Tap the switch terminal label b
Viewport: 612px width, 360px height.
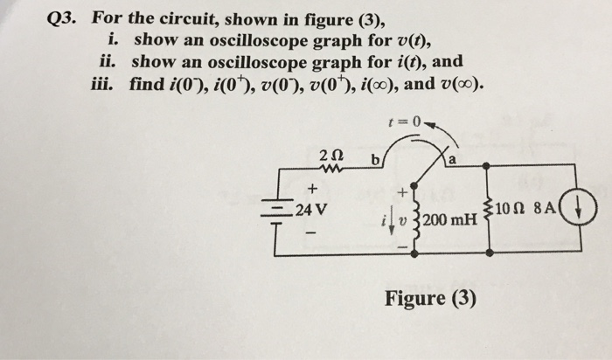point(376,161)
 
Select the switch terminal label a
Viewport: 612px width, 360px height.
point(453,160)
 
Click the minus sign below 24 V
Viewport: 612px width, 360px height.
point(310,235)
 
